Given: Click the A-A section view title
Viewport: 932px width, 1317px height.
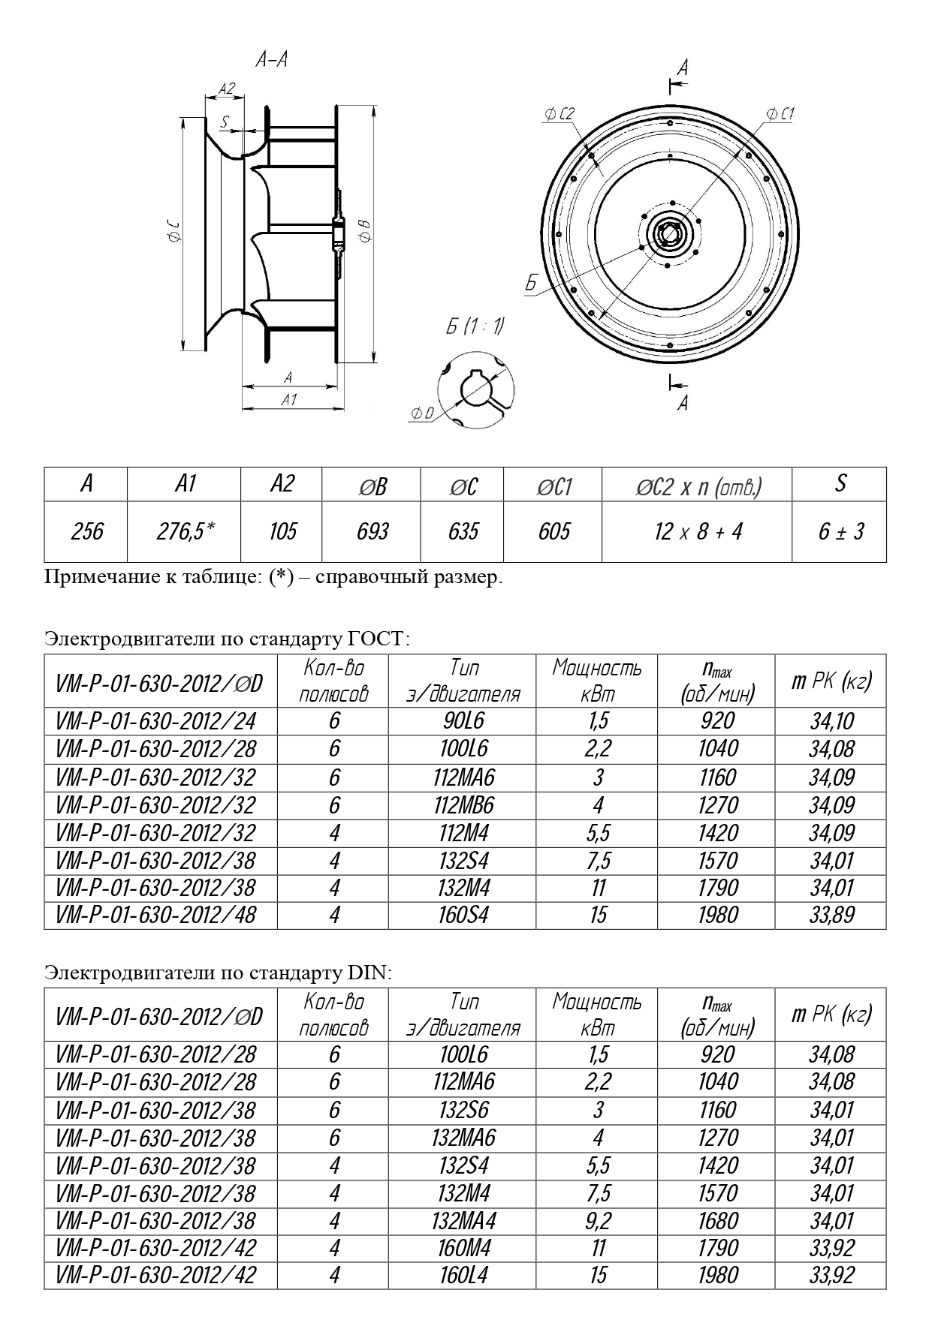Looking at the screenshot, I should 272,60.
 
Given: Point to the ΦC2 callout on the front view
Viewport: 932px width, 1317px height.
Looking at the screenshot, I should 559,114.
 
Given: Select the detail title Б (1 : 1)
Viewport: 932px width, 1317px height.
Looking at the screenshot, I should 475,326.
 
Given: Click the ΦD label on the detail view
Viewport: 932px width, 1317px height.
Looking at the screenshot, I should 422,413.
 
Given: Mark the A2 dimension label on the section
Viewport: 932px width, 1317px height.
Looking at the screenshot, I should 227,89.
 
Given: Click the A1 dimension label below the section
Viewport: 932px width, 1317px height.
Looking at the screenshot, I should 289,401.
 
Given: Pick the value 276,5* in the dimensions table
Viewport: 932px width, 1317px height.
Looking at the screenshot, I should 185,531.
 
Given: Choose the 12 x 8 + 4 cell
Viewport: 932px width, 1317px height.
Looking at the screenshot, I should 698,531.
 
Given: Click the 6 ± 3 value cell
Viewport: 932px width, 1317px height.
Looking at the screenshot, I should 840,531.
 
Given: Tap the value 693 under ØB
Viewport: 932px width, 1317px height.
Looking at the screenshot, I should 372,531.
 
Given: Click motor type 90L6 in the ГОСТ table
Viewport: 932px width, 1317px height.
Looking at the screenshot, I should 463,721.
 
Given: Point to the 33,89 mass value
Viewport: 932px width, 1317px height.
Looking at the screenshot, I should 831,916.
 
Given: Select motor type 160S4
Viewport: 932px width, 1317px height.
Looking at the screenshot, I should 463,916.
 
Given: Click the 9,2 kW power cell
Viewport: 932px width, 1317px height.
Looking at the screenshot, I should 598,1220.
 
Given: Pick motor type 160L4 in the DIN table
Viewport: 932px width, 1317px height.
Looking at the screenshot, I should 463,1275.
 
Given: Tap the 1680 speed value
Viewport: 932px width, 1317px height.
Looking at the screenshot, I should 717,1220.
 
